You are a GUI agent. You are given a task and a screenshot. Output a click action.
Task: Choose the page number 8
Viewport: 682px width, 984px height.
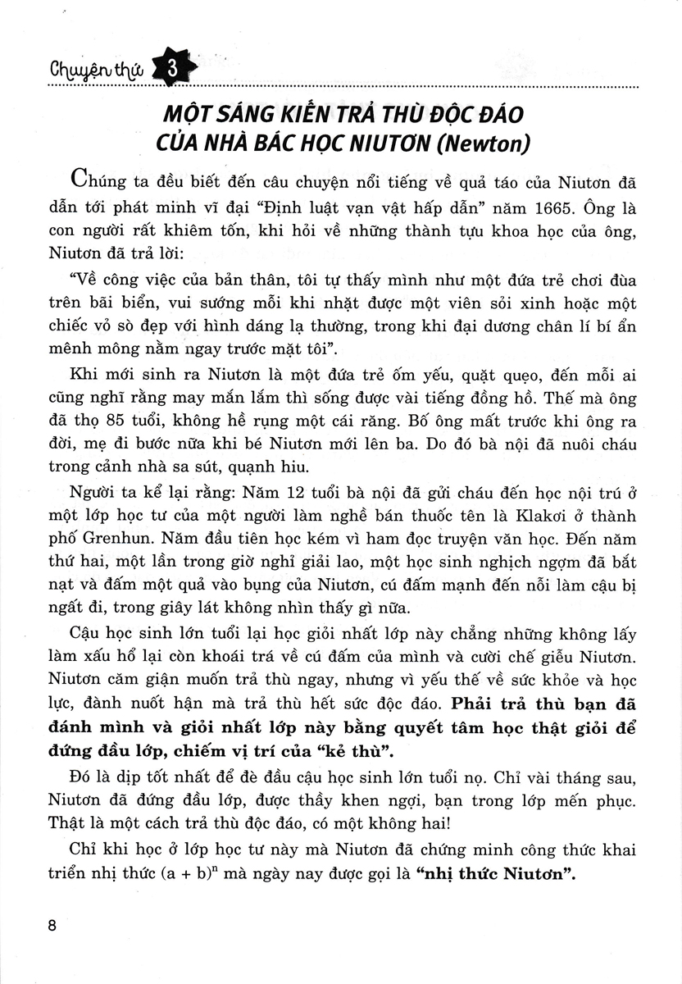[53, 926]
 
